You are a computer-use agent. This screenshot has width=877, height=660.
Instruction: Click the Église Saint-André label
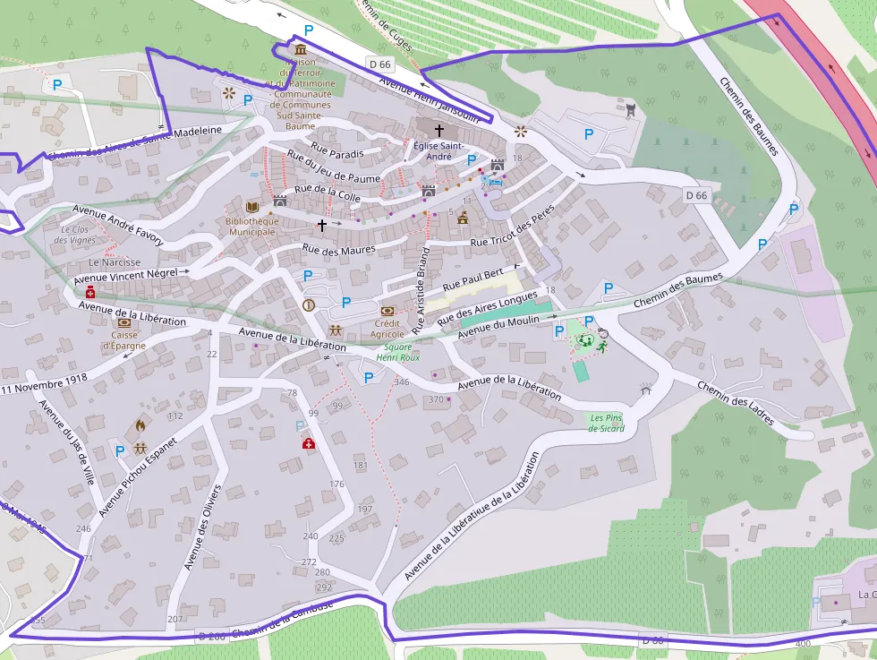pos(438,150)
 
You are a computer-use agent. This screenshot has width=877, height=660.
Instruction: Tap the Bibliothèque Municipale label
pos(252,226)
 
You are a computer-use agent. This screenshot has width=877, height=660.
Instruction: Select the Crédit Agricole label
pos(387,328)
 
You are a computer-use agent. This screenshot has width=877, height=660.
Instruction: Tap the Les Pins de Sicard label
pos(606,423)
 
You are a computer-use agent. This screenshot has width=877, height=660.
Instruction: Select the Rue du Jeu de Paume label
pos(337,168)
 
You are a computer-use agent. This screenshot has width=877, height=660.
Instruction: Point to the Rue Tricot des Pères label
pos(514,227)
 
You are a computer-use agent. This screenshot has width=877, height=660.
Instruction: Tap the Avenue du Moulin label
pos(494,326)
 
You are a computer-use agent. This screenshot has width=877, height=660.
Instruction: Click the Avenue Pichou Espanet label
pos(138,476)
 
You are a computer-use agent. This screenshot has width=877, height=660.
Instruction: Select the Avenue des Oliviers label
pos(202,527)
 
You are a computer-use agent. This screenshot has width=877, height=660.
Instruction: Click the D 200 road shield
pos(212,636)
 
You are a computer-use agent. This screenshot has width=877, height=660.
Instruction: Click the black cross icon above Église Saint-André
pos(438,131)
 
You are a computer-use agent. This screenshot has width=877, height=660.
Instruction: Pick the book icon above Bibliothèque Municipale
pos(252,206)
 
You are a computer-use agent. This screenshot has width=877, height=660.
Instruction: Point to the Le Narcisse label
pos(115,262)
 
